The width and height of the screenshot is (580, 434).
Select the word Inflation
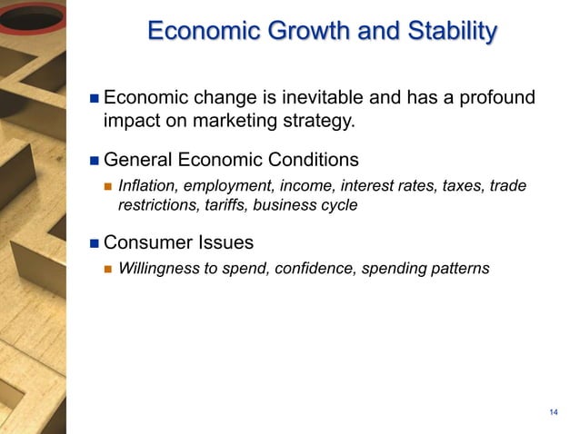[x=145, y=186]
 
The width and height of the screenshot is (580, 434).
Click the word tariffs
[x=224, y=205]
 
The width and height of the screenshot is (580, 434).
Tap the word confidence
[x=313, y=269]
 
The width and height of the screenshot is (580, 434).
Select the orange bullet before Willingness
[x=107, y=269]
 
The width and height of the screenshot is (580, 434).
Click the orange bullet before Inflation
[x=107, y=186]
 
